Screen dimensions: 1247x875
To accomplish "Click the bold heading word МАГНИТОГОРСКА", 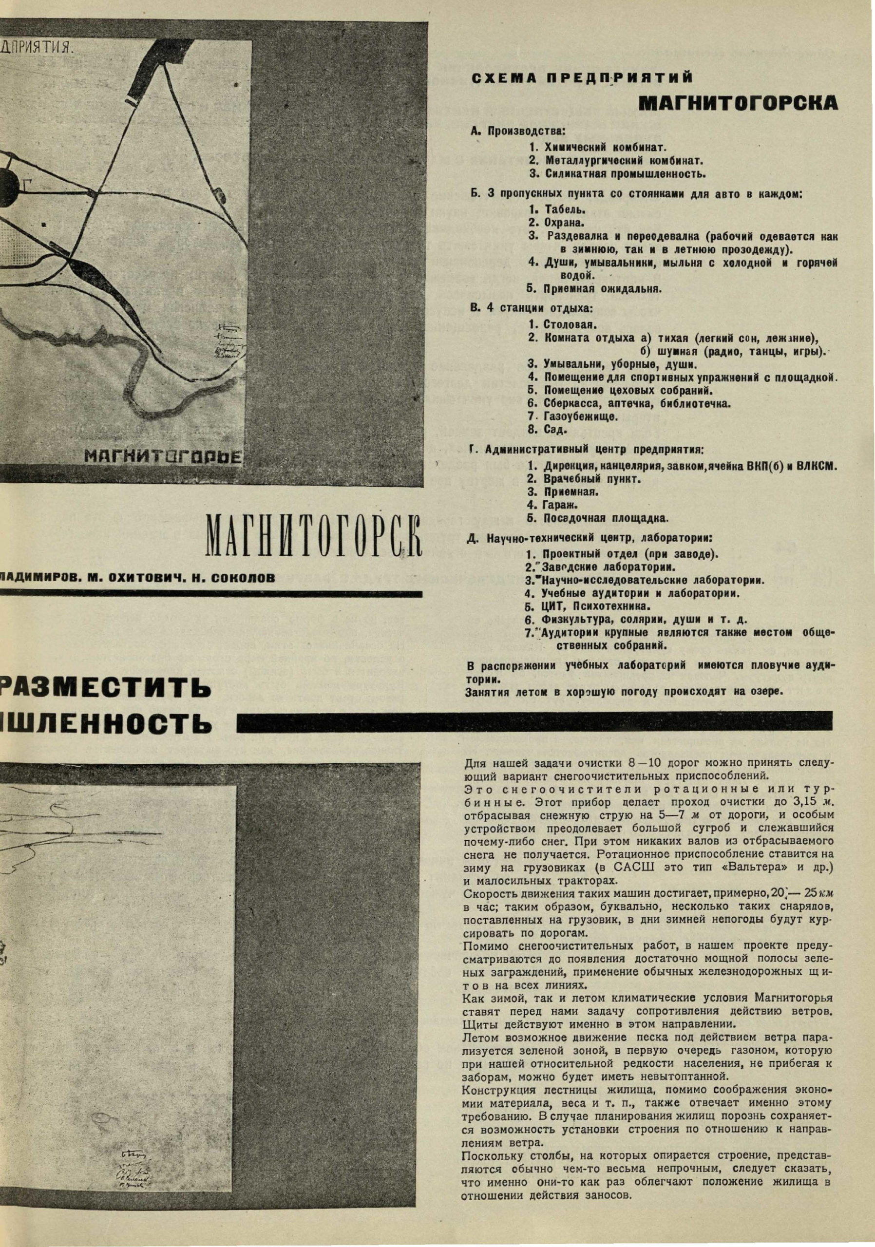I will click(737, 104).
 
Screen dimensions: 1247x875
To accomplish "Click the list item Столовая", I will click(563, 325).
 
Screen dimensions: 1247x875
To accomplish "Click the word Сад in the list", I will click(555, 430).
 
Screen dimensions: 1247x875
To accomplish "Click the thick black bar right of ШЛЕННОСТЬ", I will click(534, 721).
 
